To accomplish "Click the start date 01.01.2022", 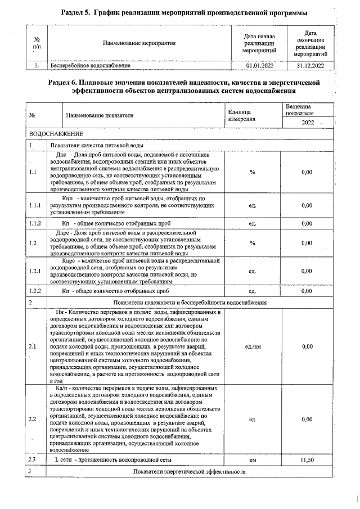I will click(x=260, y=66).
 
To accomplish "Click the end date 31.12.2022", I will click(x=309, y=66).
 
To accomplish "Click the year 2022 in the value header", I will click(x=308, y=123).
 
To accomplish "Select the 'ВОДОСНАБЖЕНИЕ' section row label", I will click(x=56, y=134).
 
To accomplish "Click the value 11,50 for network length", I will click(x=307, y=460).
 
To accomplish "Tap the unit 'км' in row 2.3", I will click(x=253, y=460).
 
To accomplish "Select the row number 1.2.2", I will click(x=37, y=291).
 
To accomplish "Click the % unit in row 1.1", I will click(x=253, y=172).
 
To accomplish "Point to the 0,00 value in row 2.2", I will click(x=307, y=420).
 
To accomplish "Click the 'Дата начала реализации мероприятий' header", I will click(x=260, y=43).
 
